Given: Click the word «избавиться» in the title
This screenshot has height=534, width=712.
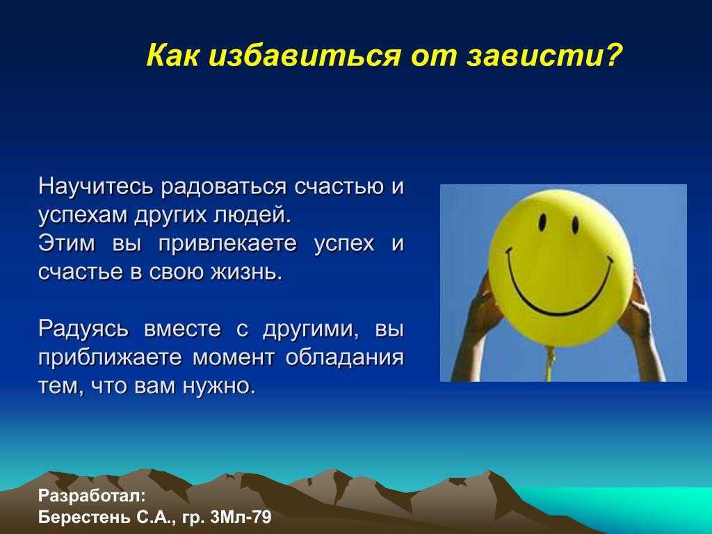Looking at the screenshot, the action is click(305, 56).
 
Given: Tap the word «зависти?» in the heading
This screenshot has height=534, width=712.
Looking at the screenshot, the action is click(544, 56).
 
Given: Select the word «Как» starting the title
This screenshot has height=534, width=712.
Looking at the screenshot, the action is click(172, 56).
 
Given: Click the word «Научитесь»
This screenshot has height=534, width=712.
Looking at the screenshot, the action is click(96, 186).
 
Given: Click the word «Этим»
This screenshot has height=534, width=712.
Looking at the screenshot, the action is click(67, 243).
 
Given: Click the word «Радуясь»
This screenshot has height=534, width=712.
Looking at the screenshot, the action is click(83, 330).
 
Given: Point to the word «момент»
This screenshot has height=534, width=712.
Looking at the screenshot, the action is click(234, 358).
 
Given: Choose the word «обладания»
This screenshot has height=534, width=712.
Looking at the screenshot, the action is click(345, 357).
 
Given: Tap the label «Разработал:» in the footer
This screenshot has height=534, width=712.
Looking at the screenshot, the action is click(92, 496).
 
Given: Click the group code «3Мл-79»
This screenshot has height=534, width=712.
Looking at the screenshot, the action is click(241, 517).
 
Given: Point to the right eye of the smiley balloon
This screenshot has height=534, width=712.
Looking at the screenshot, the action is click(575, 225).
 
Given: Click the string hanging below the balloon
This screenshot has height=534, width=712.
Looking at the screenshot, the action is click(551, 363).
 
